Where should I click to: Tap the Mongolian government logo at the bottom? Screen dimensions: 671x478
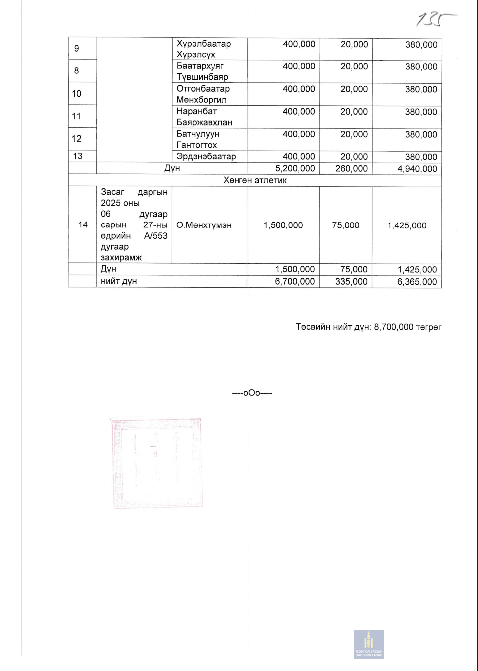(x=369, y=644)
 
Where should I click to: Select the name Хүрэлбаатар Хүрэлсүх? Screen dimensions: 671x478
(x=203, y=49)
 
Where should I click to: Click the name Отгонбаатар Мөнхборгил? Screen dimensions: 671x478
(x=203, y=94)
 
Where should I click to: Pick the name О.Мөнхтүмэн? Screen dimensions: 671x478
(x=204, y=225)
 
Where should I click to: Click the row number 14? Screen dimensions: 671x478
(x=83, y=224)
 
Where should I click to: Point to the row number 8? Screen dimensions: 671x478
(x=76, y=71)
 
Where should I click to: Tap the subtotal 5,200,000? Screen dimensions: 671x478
(x=295, y=168)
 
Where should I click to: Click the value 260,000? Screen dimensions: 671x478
(x=351, y=168)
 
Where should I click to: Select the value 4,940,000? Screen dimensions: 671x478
(x=417, y=169)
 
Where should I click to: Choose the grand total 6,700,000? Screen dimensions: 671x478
(x=295, y=281)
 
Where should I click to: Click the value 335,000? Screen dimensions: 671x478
(x=351, y=281)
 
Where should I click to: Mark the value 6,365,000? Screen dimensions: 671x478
(x=417, y=282)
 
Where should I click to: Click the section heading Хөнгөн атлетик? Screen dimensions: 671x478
(x=254, y=180)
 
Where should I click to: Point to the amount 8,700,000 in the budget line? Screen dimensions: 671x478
(x=393, y=327)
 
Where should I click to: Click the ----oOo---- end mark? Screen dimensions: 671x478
(x=251, y=393)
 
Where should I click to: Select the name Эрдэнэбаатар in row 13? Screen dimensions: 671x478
(x=206, y=156)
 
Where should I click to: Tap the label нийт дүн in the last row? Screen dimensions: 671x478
(x=119, y=281)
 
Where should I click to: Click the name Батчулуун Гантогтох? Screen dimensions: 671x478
(x=198, y=139)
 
